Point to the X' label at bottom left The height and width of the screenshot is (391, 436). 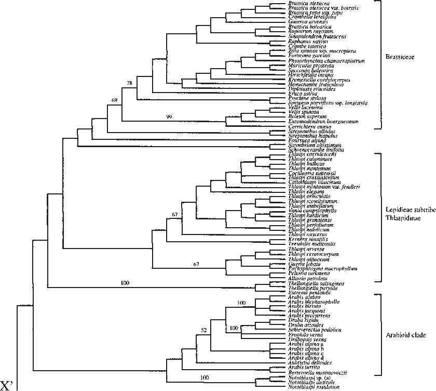[9, 385]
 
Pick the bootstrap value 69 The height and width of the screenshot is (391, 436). [115, 100]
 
